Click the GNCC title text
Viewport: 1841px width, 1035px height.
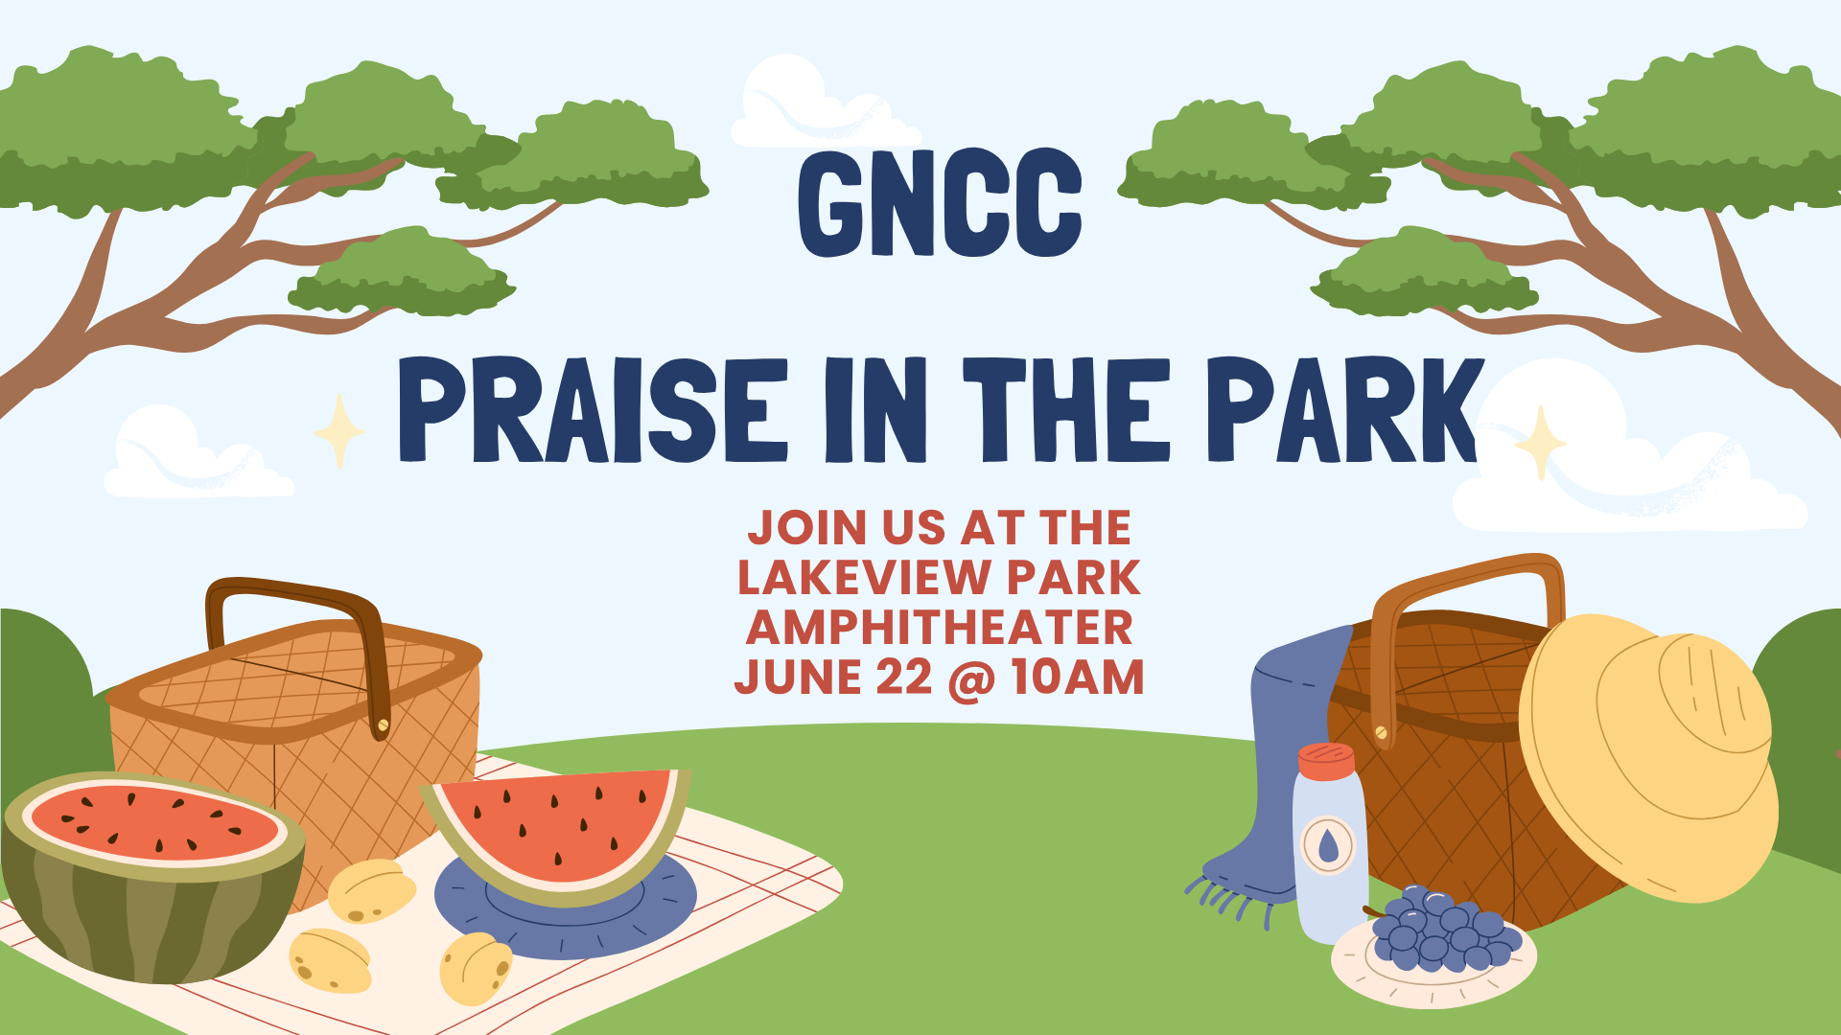pyautogui.click(x=940, y=202)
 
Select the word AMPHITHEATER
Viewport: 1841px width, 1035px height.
pyautogui.click(x=940, y=628)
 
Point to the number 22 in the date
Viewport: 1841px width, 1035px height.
pyautogui.click(x=903, y=678)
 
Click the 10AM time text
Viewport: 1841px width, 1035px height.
pyautogui.click(x=1078, y=678)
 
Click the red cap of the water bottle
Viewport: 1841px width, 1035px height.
pyautogui.click(x=1326, y=761)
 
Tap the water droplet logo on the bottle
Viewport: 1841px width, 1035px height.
pyautogui.click(x=1328, y=845)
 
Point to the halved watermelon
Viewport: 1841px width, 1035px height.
pyautogui.click(x=153, y=877)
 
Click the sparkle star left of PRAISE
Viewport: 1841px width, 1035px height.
pyautogui.click(x=339, y=431)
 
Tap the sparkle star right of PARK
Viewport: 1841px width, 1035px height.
pyautogui.click(x=1541, y=444)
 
